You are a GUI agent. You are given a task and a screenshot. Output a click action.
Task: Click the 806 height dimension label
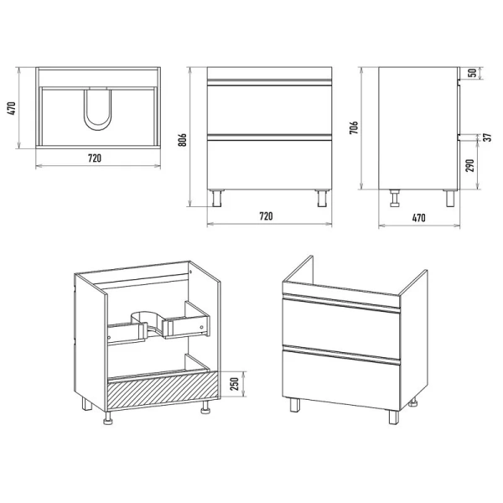click(182, 139)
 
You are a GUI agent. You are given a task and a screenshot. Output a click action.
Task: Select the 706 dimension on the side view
click(353, 127)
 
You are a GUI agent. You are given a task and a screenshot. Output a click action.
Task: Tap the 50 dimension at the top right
click(473, 73)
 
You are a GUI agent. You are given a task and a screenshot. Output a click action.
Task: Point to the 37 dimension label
click(487, 137)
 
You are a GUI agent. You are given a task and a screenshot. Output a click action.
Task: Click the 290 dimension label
click(470, 165)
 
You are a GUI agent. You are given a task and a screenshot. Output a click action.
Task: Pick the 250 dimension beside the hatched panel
click(235, 384)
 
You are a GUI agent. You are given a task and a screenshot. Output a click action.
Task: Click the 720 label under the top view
click(95, 158)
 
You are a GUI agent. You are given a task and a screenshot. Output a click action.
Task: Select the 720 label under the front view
click(266, 216)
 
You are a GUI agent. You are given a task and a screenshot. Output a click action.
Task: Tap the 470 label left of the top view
click(11, 108)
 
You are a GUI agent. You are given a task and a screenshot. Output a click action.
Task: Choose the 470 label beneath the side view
click(418, 218)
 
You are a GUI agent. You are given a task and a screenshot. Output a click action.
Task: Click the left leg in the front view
click(218, 198)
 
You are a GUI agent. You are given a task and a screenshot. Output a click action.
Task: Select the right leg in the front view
click(322, 198)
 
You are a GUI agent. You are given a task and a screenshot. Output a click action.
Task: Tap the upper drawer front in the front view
click(269, 109)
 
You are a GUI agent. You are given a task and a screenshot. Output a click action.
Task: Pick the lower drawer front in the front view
click(269, 164)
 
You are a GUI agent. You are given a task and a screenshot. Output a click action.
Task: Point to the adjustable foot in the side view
click(395, 198)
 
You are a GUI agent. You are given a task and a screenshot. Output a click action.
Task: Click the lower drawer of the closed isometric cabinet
click(342, 380)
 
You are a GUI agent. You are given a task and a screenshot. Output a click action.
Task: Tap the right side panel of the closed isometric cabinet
click(414, 340)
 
